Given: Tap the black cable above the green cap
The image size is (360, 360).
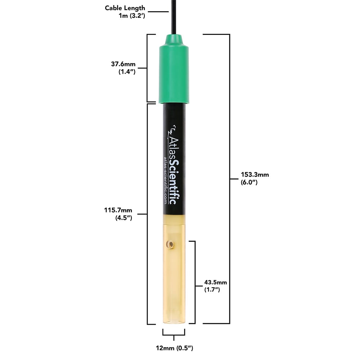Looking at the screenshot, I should (174, 16).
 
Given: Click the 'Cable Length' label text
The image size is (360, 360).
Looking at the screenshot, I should (125, 8).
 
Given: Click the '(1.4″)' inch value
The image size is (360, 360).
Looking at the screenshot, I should (127, 72).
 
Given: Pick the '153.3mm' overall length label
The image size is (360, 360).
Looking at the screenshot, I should (255, 175).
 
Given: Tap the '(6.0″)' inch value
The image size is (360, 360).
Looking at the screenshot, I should (249, 182).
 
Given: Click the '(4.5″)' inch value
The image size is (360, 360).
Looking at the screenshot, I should (123, 218).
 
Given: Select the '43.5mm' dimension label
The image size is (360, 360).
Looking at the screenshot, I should (216, 282).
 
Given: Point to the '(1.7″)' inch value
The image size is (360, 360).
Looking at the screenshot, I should (212, 289).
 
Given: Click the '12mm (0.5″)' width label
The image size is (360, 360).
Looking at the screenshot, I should (174, 348).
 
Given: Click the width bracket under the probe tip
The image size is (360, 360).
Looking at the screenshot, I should (174, 334).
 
